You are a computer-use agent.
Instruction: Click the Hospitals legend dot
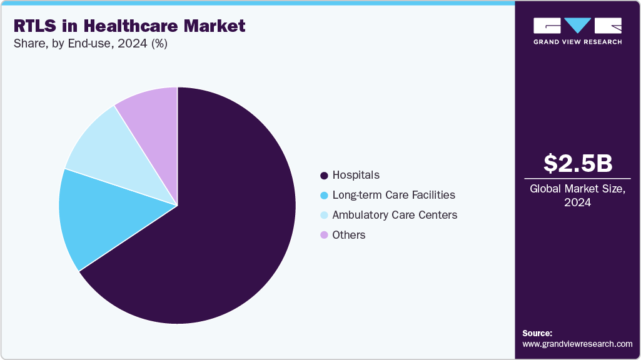click(x=324, y=175)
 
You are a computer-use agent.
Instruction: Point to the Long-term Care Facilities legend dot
click(x=324, y=195)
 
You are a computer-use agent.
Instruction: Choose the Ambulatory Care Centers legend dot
click(x=324, y=215)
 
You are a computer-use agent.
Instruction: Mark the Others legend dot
click(x=324, y=235)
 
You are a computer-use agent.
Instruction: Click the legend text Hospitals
click(x=356, y=175)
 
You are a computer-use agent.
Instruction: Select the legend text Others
click(x=349, y=235)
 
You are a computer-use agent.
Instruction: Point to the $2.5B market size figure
click(x=577, y=163)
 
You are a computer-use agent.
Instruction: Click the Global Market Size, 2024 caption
click(x=577, y=195)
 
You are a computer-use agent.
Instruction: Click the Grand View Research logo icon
click(x=577, y=26)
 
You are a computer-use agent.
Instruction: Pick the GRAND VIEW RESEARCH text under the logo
click(x=577, y=42)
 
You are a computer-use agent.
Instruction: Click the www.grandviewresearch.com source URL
click(x=577, y=344)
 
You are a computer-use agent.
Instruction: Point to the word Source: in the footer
click(x=537, y=333)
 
